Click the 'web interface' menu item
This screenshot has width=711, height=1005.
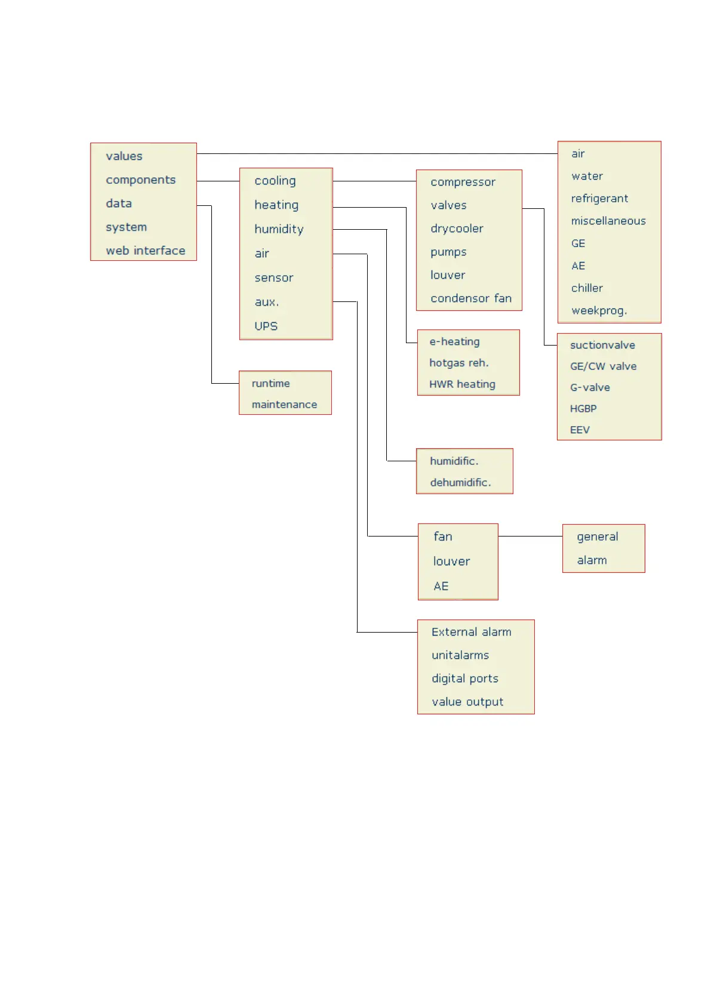(145, 251)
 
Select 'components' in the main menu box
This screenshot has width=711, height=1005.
(140, 180)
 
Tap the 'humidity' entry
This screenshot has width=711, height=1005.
(279, 229)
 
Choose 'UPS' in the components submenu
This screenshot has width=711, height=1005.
(266, 326)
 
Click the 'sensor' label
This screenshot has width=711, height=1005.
(273, 278)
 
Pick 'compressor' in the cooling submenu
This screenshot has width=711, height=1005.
(463, 182)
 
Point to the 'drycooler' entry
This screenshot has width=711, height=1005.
(457, 229)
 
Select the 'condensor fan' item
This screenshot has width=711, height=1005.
(470, 298)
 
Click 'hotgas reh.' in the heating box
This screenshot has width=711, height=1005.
(458, 363)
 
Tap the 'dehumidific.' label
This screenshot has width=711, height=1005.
(460, 482)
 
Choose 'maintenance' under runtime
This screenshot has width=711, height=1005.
(284, 405)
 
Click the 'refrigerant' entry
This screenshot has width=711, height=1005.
(599, 199)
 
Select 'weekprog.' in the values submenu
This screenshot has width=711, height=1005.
(599, 311)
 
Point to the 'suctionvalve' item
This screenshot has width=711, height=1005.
(602, 345)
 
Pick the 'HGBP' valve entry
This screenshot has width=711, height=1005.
(583, 409)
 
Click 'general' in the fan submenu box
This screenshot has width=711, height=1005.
(597, 537)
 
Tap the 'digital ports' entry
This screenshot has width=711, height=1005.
(464, 679)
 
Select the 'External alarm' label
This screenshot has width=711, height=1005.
(471, 632)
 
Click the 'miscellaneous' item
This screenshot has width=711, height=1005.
(608, 221)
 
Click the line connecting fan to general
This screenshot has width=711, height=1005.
(530, 537)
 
